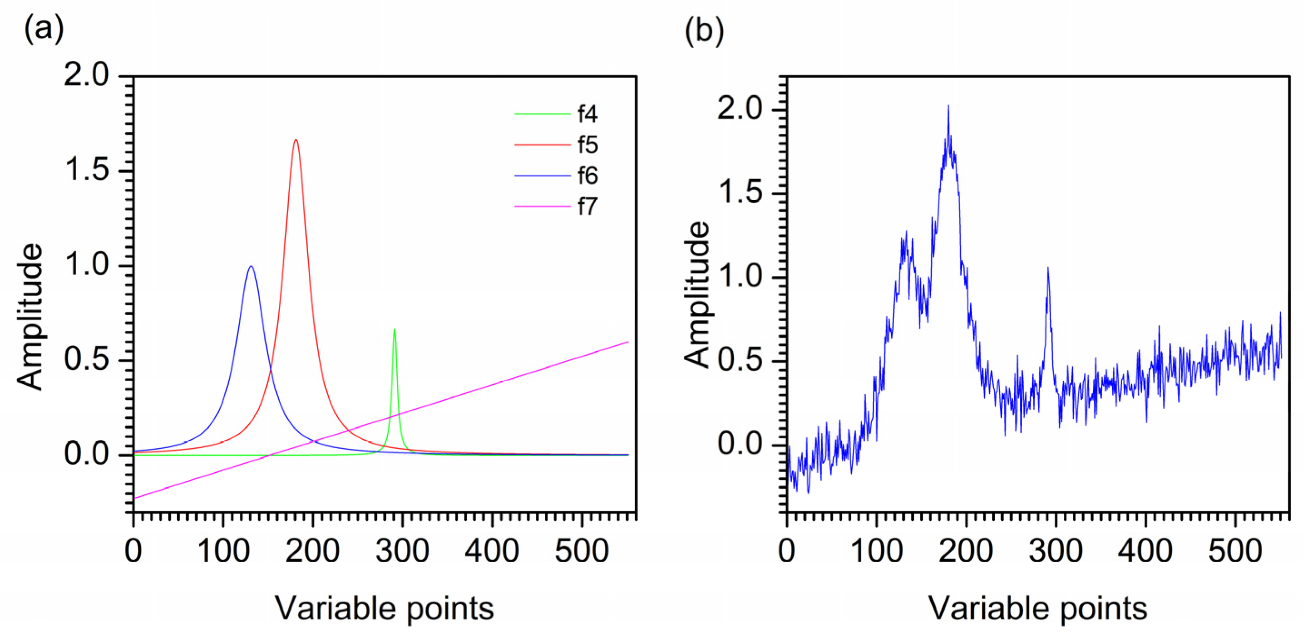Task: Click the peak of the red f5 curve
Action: tap(296, 140)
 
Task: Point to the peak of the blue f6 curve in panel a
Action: tap(251, 266)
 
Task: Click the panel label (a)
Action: tap(44, 29)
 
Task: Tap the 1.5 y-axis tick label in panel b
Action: tap(740, 193)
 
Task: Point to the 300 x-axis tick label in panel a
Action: tap(402, 551)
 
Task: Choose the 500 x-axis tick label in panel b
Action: tap(1235, 551)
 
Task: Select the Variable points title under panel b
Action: tap(1038, 608)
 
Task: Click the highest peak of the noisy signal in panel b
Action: tap(948, 105)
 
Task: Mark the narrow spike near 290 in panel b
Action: tap(1048, 268)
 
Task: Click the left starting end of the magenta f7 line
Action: tap(134, 498)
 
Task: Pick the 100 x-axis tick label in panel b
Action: tap(877, 551)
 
